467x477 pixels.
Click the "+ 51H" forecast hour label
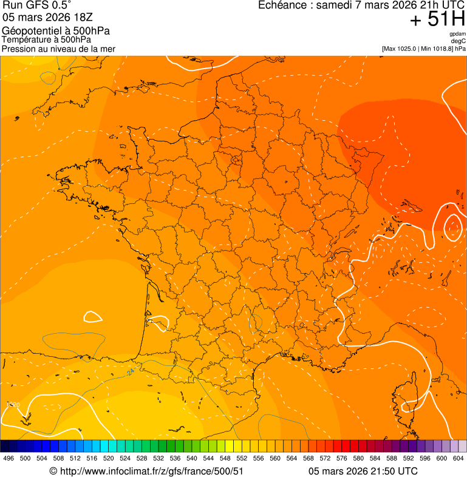pyautogui.click(x=437, y=19)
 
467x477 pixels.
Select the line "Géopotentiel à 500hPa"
pyautogui.click(x=56, y=31)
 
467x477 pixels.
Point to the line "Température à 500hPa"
pyautogui.click(x=51, y=40)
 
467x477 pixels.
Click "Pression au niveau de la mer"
pyautogui.click(x=58, y=49)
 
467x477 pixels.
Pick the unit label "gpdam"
pyautogui.click(x=457, y=34)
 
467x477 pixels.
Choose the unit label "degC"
pyautogui.click(x=458, y=41)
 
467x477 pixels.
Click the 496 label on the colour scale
pyautogui.click(x=9, y=459)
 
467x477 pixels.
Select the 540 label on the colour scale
pyautogui.click(x=192, y=459)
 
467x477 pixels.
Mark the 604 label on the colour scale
pyautogui.click(x=458, y=459)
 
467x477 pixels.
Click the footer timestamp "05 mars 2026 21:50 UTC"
pyautogui.click(x=363, y=471)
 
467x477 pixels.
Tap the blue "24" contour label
pyautogui.click(x=131, y=372)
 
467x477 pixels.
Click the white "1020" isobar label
pyautogui.click(x=13, y=405)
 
